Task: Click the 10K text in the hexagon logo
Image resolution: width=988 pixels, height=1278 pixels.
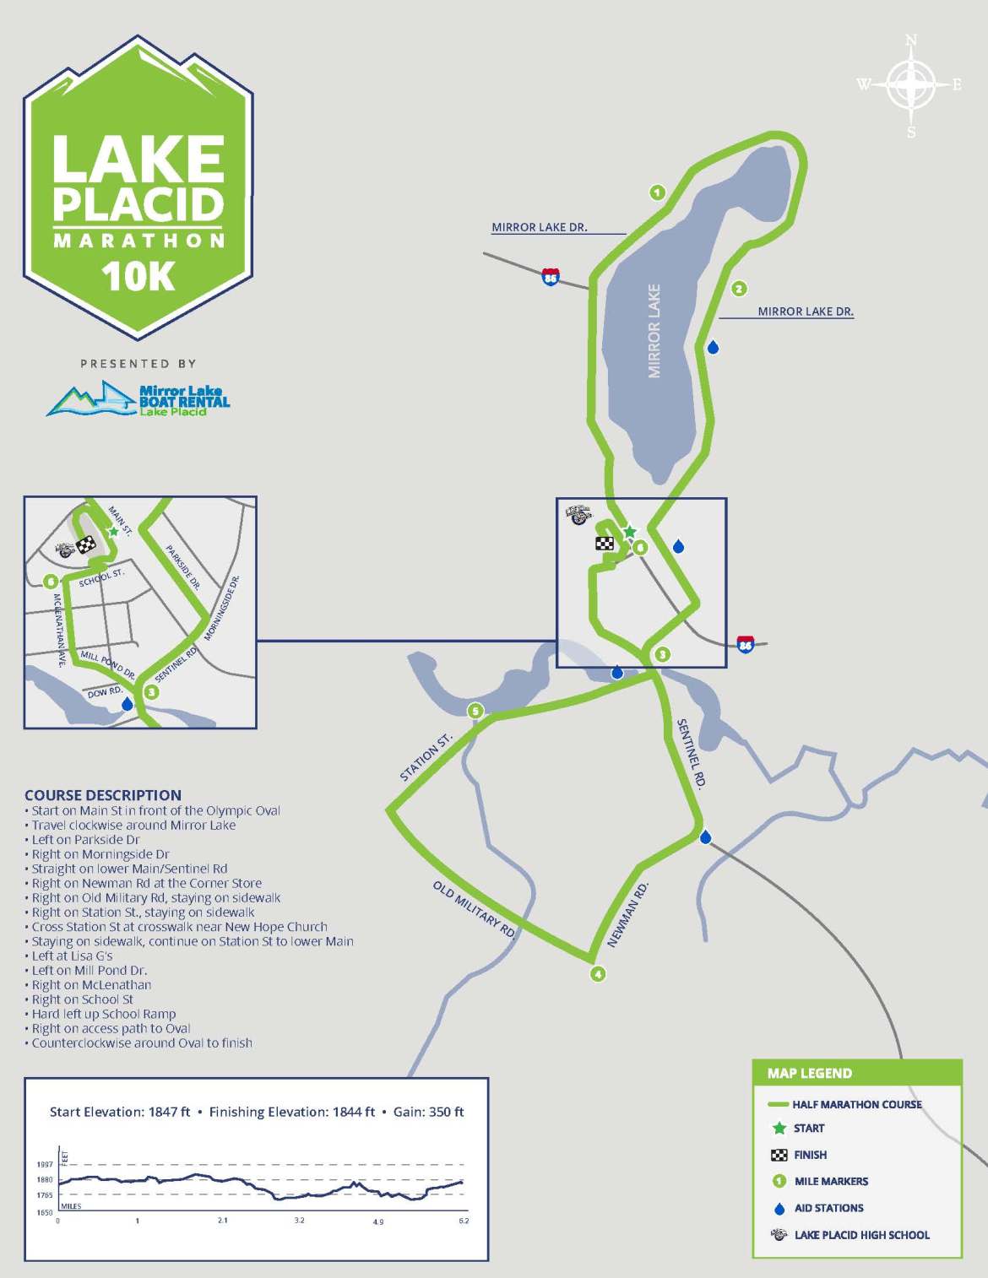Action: click(x=138, y=277)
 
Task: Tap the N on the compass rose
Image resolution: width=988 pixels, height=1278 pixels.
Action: click(x=911, y=41)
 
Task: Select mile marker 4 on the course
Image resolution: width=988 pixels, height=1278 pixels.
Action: click(x=598, y=974)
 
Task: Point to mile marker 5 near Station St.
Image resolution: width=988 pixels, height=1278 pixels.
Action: click(x=475, y=712)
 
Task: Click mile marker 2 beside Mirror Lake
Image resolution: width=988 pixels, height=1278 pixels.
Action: click(x=739, y=289)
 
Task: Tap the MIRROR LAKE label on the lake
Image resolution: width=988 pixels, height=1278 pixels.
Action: click(x=654, y=331)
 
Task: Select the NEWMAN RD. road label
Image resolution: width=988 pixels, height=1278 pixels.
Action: click(x=628, y=914)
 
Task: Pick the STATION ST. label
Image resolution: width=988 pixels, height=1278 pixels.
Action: click(x=426, y=757)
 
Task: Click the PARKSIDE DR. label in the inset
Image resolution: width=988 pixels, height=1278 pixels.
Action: click(x=183, y=567)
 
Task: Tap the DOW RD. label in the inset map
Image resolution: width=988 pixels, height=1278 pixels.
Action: click(x=105, y=693)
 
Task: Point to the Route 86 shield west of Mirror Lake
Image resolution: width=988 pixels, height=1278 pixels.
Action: click(x=551, y=276)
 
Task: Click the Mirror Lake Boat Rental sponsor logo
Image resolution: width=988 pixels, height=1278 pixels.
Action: click(x=138, y=398)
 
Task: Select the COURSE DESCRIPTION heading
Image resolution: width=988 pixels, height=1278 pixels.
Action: click(x=103, y=795)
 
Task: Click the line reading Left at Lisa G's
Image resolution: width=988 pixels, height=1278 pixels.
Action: click(x=72, y=956)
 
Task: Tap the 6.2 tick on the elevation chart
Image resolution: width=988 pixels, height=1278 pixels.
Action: click(x=464, y=1221)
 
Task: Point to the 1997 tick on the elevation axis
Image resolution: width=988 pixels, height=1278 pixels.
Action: click(x=45, y=1165)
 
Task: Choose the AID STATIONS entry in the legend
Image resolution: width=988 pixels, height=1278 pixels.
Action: click(x=828, y=1208)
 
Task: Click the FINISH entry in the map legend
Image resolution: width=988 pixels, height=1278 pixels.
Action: click(x=810, y=1155)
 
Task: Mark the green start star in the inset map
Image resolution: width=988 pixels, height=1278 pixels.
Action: click(x=113, y=531)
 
